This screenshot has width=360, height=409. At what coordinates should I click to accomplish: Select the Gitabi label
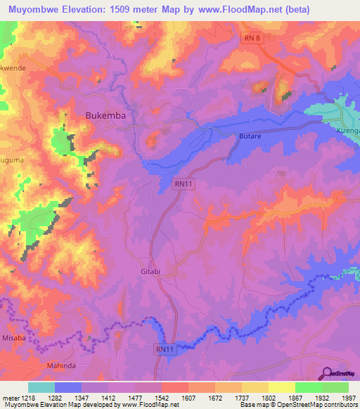(x=150, y=271)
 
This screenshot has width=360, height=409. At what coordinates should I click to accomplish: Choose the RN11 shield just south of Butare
(x=182, y=184)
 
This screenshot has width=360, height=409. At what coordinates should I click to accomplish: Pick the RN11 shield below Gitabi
(x=163, y=348)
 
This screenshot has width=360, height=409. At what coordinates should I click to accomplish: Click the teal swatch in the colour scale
(x=41, y=387)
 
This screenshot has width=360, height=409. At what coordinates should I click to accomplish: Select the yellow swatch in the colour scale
(x=281, y=387)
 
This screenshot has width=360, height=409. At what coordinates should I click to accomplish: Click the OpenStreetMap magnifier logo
(x=328, y=373)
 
